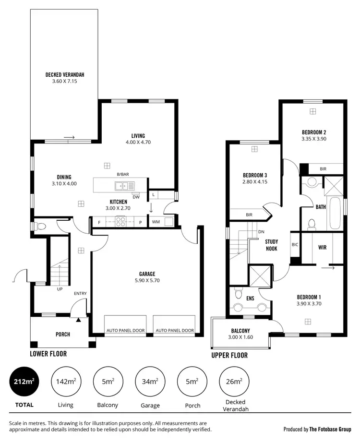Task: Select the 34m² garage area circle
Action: point(150,382)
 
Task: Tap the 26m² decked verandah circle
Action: point(233,382)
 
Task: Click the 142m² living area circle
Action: point(65,382)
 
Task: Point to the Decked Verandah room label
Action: point(65,75)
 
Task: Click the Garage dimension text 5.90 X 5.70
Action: point(150,281)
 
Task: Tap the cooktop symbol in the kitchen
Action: point(120,222)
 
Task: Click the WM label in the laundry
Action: point(156,222)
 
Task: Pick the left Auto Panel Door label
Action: point(125,330)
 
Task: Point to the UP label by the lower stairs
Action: point(60,289)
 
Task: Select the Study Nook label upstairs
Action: point(272,245)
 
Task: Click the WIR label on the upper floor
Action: point(323,248)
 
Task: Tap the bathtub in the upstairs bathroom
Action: point(335,214)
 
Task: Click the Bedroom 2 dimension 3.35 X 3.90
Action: point(314,139)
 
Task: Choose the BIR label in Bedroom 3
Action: point(249,215)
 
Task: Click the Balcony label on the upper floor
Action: point(240,331)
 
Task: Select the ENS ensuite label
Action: point(250,298)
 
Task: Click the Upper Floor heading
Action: point(229,355)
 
